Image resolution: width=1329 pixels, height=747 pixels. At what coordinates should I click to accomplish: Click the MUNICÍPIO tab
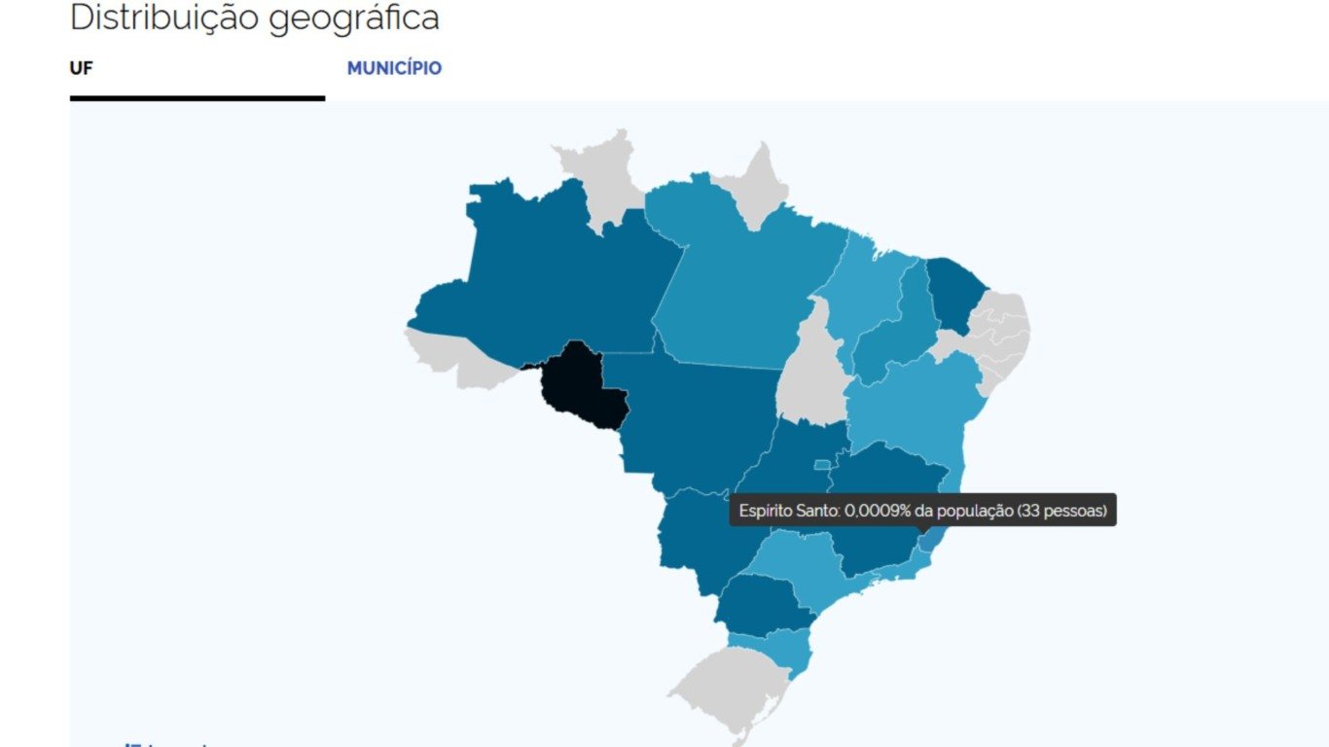point(394,68)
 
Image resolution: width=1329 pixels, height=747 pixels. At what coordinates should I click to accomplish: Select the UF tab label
point(81,68)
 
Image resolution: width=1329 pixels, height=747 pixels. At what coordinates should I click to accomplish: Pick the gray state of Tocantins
point(813,374)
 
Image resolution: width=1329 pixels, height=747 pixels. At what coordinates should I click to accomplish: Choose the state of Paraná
point(764,603)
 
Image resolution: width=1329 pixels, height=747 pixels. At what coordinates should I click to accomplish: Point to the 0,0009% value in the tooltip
point(882,510)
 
